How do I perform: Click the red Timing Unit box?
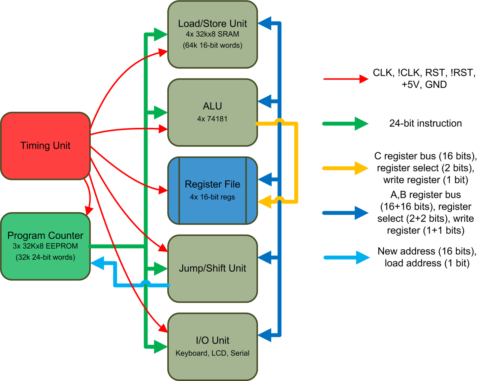(x=45, y=146)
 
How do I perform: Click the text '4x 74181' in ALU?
(x=212, y=119)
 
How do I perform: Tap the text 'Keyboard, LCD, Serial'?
(x=212, y=353)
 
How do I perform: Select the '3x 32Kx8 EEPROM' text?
(x=45, y=246)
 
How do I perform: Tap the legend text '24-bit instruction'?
(x=425, y=123)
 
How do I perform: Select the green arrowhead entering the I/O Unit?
(x=160, y=347)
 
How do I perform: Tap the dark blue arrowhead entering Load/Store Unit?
(x=265, y=23)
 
